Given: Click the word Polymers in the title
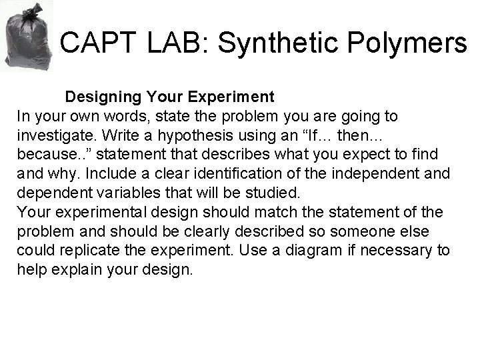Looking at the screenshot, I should [415, 44].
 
